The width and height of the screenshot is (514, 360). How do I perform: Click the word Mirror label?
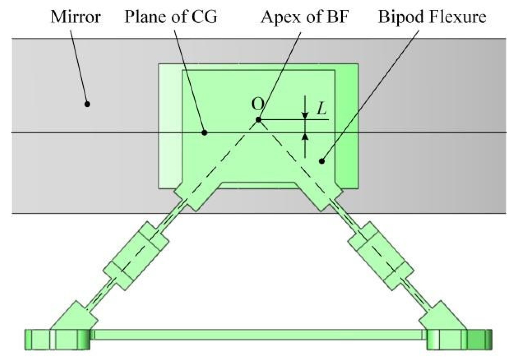[76, 17]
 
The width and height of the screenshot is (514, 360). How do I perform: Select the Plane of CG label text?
[171, 17]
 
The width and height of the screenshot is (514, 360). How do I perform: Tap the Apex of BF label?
[304, 17]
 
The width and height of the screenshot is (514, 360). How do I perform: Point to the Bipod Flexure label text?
[432, 17]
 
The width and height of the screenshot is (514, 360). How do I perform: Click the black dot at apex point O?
[258, 120]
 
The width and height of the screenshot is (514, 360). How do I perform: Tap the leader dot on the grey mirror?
[87, 104]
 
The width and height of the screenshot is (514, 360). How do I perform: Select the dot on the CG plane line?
[205, 133]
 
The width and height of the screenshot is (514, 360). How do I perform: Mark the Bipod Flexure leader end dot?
[322, 161]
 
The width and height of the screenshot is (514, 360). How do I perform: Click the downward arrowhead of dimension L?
[305, 116]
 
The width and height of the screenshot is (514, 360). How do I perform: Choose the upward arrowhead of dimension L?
[305, 136]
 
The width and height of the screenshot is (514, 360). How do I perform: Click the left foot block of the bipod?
[58, 339]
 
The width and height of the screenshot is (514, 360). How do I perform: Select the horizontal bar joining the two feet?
[258, 335]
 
